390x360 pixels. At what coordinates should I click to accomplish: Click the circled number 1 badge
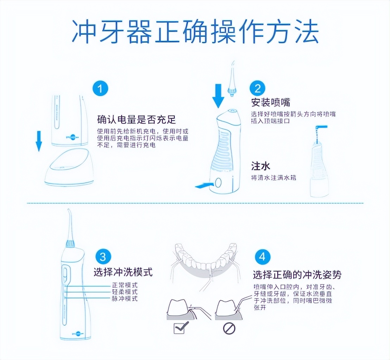100,89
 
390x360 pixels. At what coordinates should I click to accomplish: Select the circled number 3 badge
102,257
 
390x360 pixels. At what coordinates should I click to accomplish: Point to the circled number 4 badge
262,257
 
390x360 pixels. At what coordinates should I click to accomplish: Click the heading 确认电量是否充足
136,120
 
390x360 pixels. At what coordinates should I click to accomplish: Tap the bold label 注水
261,166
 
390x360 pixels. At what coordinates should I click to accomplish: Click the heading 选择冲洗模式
123,272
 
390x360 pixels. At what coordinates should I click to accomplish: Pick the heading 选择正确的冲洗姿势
297,275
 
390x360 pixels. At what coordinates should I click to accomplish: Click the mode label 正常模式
125,285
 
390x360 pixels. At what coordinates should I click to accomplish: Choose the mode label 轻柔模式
125,292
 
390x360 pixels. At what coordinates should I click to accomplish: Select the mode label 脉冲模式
125,299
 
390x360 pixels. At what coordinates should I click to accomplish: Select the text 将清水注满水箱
273,178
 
